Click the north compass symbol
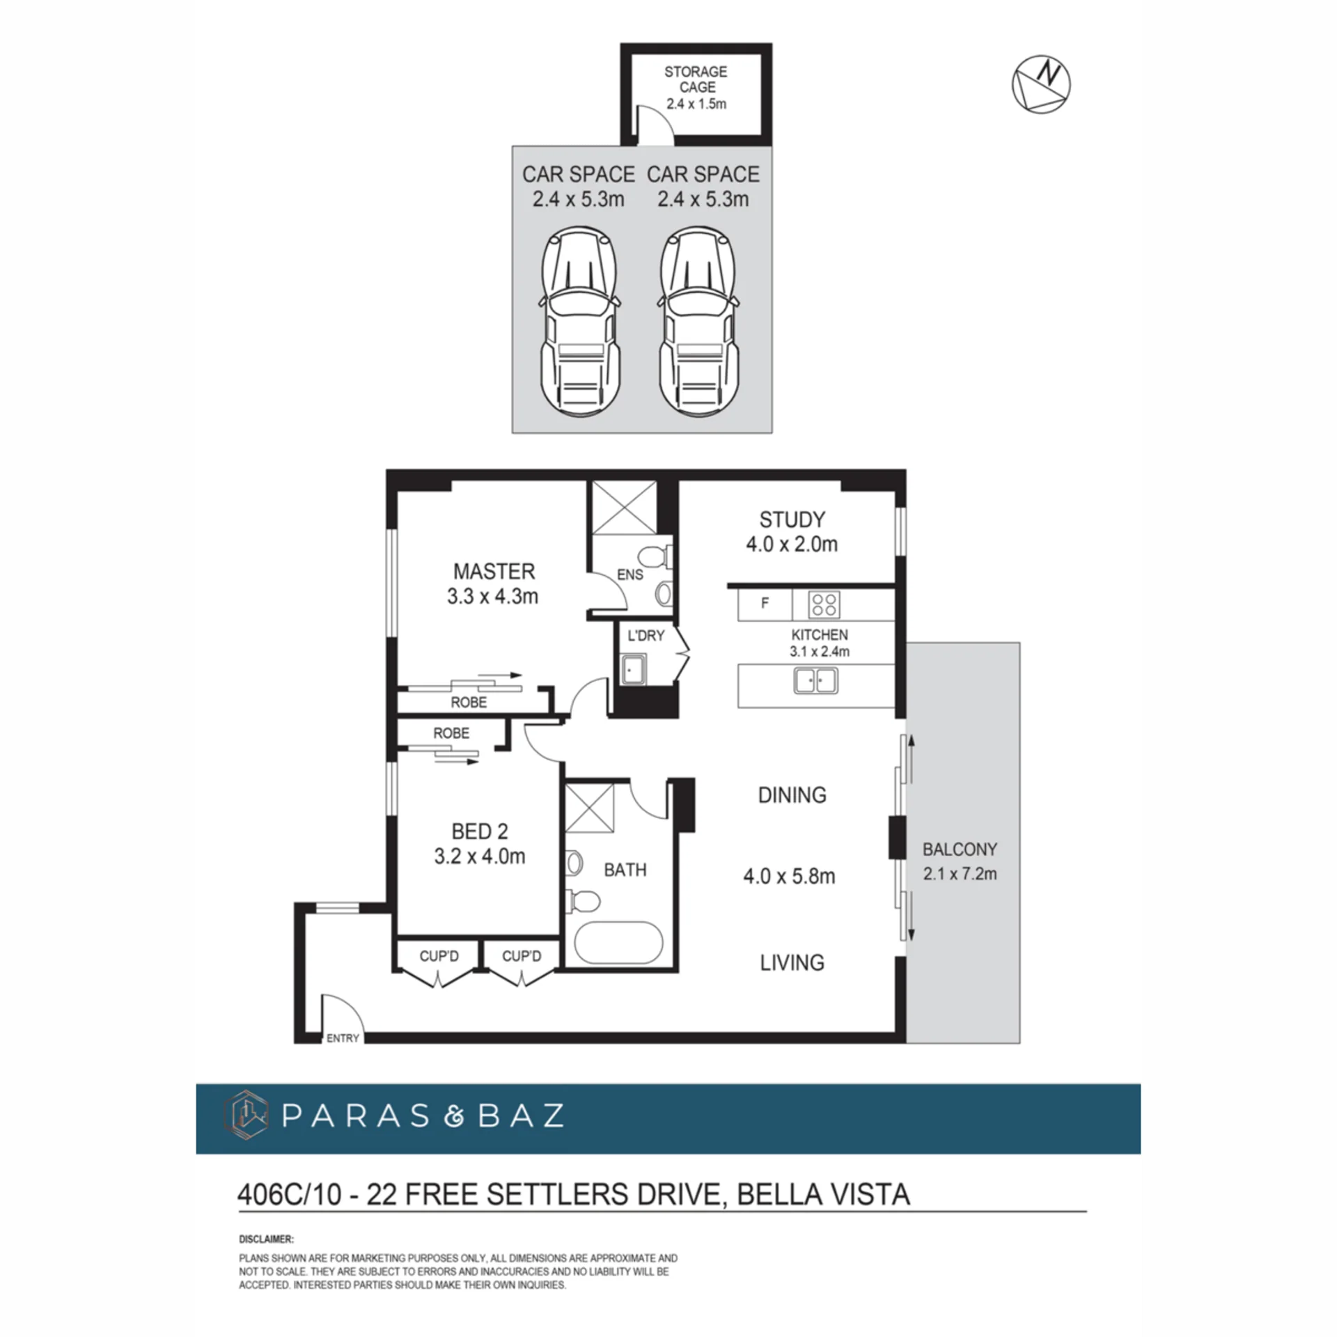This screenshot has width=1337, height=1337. pyautogui.click(x=1041, y=84)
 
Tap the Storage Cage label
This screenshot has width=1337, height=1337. pyautogui.click(x=696, y=79)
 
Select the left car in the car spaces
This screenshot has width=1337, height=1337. pyautogui.click(x=579, y=324)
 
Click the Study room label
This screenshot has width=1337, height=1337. pyautogui.click(x=792, y=519)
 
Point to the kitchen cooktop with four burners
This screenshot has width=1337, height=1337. pyautogui.click(x=824, y=604)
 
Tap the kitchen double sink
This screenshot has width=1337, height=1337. pyautogui.click(x=816, y=680)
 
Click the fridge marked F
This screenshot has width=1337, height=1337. pyautogui.click(x=765, y=604)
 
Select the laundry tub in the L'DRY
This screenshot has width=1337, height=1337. pyautogui.click(x=633, y=670)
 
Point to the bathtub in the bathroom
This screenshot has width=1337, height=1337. pyautogui.click(x=618, y=944)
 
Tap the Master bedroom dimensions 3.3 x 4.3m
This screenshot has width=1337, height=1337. pyautogui.click(x=493, y=596)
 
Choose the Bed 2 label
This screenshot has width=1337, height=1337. pyautogui.click(x=480, y=831)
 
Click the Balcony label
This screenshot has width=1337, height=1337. pyautogui.click(x=960, y=849)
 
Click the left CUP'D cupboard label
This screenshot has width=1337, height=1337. pyautogui.click(x=439, y=956)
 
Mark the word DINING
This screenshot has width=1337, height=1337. pyautogui.click(x=792, y=795)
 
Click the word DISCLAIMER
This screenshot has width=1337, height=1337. pyautogui.click(x=266, y=1239)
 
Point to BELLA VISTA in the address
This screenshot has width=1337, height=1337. pyautogui.click(x=823, y=1194)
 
